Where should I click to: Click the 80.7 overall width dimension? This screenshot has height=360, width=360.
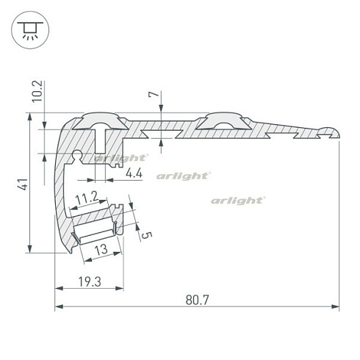pyautogui.click(x=197, y=300)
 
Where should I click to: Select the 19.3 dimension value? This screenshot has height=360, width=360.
pyautogui.click(x=90, y=281)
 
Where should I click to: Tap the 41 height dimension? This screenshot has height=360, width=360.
pyautogui.click(x=23, y=184)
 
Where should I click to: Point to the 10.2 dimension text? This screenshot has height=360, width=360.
pyautogui.click(x=38, y=91)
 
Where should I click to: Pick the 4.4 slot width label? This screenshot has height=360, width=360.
pyautogui.click(x=134, y=173)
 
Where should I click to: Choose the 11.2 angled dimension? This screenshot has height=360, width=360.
pyautogui.click(x=87, y=198)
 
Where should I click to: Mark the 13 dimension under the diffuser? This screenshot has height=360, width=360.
pyautogui.click(x=101, y=250)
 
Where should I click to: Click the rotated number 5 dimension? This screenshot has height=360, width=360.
pyautogui.click(x=147, y=235)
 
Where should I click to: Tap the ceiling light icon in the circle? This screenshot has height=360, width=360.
pyautogui.click(x=30, y=30)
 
